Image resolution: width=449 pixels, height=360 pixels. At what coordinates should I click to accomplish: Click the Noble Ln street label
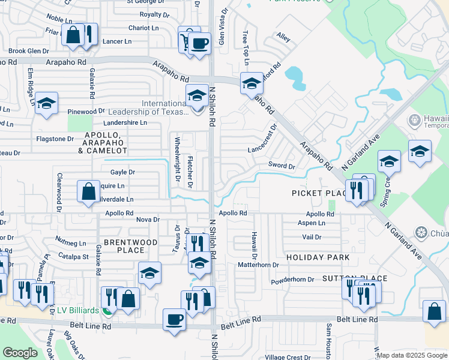(x=58, y=19)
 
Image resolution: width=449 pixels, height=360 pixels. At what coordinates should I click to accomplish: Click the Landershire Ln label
(x=125, y=122)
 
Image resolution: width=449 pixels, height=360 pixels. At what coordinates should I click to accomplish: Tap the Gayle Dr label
(x=122, y=172)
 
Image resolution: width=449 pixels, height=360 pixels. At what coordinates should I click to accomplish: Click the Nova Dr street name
(x=148, y=220)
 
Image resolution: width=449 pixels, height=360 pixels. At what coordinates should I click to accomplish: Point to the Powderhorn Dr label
(x=293, y=280)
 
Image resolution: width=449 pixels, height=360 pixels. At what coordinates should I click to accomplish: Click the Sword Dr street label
(x=282, y=166)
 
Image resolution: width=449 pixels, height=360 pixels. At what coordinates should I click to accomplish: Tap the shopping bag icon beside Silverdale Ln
(x=88, y=191)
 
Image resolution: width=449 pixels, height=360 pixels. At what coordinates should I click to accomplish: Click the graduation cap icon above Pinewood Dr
(x=46, y=103)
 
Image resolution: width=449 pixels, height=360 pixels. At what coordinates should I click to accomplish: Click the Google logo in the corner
(x=20, y=352)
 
